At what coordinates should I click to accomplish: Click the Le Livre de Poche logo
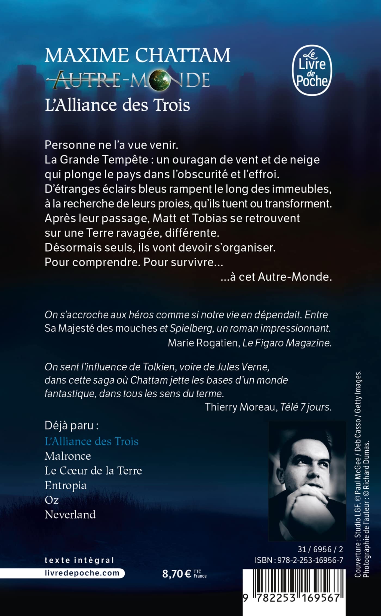312,70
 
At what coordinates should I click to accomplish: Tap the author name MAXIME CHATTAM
137,55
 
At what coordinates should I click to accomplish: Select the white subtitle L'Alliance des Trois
117,105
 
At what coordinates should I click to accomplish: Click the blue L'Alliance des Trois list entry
91,441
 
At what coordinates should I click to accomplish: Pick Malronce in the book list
68,456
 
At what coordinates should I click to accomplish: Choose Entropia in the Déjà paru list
66,485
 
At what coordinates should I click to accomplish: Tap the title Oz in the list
52,500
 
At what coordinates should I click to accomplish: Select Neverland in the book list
70,515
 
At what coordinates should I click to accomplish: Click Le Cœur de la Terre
93,471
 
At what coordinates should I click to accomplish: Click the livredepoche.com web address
82,573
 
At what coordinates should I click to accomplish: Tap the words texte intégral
79,560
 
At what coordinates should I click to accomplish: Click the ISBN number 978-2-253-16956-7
299,560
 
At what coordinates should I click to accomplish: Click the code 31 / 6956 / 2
320,549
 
